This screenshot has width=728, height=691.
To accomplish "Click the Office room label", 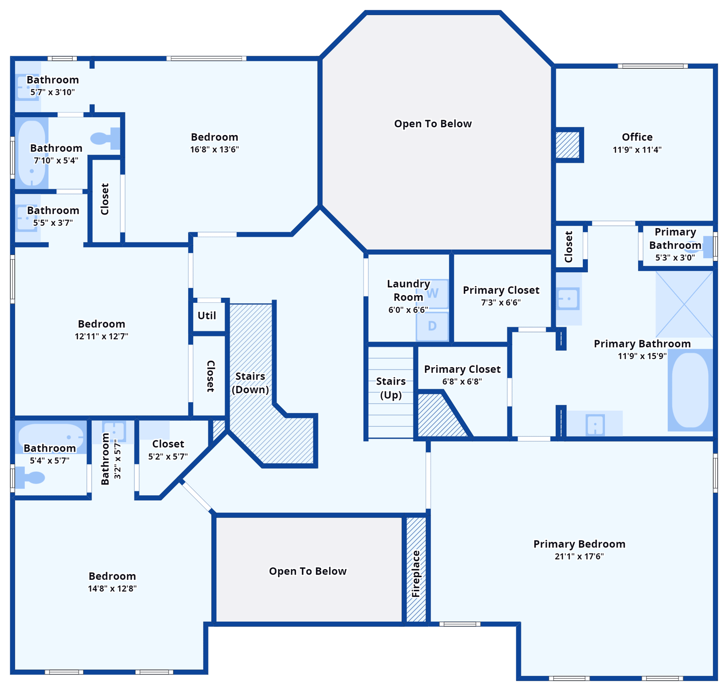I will [x=637, y=137].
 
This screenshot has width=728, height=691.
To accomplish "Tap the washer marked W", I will [x=432, y=294].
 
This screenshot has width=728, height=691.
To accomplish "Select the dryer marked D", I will [x=432, y=326].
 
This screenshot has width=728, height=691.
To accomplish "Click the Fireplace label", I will [x=416, y=574].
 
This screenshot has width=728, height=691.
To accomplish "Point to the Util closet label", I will [x=207, y=316].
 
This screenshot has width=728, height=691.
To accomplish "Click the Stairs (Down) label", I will [x=250, y=383].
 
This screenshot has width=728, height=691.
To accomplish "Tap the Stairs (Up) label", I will [x=391, y=388].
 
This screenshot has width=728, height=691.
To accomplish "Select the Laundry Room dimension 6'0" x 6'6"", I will [x=408, y=310].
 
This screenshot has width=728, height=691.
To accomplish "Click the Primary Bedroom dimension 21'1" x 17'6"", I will [x=579, y=556].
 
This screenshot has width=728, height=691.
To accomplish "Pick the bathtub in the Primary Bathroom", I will [x=690, y=390].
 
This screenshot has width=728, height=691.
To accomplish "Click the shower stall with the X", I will [x=684, y=304].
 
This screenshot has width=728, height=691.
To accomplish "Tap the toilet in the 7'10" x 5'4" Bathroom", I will [x=106, y=138].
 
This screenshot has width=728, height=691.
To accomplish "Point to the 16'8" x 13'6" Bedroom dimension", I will [x=214, y=149].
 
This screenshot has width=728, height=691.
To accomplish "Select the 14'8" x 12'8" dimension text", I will [x=112, y=588].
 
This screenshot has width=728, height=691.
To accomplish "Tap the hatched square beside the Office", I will [x=568, y=145].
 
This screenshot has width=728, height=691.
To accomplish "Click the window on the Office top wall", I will [x=653, y=66].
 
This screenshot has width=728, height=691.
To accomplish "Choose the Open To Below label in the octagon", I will [x=433, y=124].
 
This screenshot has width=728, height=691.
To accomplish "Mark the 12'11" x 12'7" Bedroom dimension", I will [x=102, y=337].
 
